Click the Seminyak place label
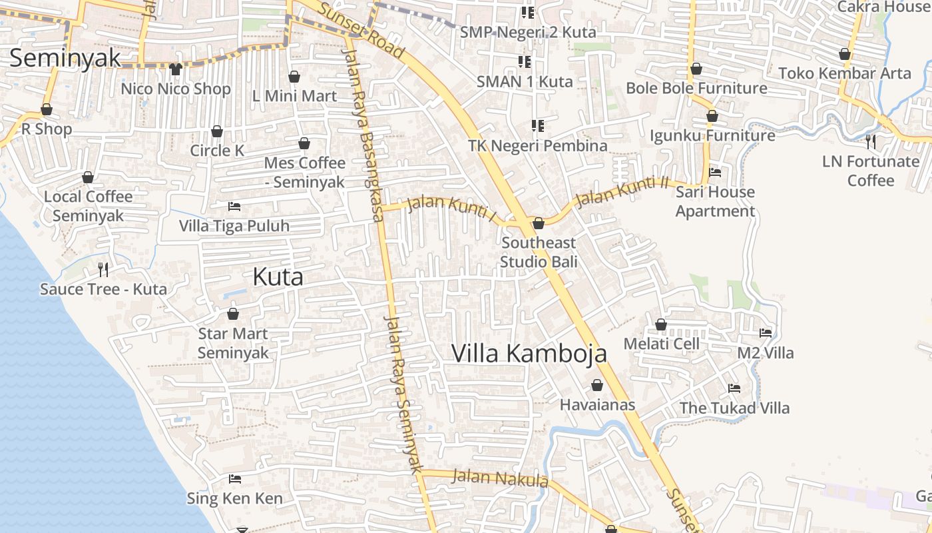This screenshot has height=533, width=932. coord(65,58)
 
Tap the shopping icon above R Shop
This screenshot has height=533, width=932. coord(47,109)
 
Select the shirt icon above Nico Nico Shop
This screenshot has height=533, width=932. coord(176,69)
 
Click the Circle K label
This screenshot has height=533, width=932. coord(217,151)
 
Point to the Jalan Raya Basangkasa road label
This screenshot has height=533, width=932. coord(363,133)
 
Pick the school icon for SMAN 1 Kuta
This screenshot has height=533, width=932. coord(525,62)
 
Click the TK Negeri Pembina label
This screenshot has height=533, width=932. coord(537,145)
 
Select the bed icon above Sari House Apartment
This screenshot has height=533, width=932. coord(715,172)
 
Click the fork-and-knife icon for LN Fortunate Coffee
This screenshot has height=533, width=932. coord(870,141)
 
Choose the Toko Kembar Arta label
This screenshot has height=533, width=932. coord(844,73)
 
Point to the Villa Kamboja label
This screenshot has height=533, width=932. coord(529,353)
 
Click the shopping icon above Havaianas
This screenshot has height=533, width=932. coord(597,385)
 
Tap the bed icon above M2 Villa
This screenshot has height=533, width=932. coord(766,332)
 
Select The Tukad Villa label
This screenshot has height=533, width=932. coord(734,408)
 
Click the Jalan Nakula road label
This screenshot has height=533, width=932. coord(499,478)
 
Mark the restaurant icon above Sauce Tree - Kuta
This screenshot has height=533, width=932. coord(103,269)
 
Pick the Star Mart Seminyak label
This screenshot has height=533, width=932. coord(233,343)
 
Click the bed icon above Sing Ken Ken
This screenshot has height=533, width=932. coord(234,478)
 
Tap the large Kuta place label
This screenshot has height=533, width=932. coord(278,277)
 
